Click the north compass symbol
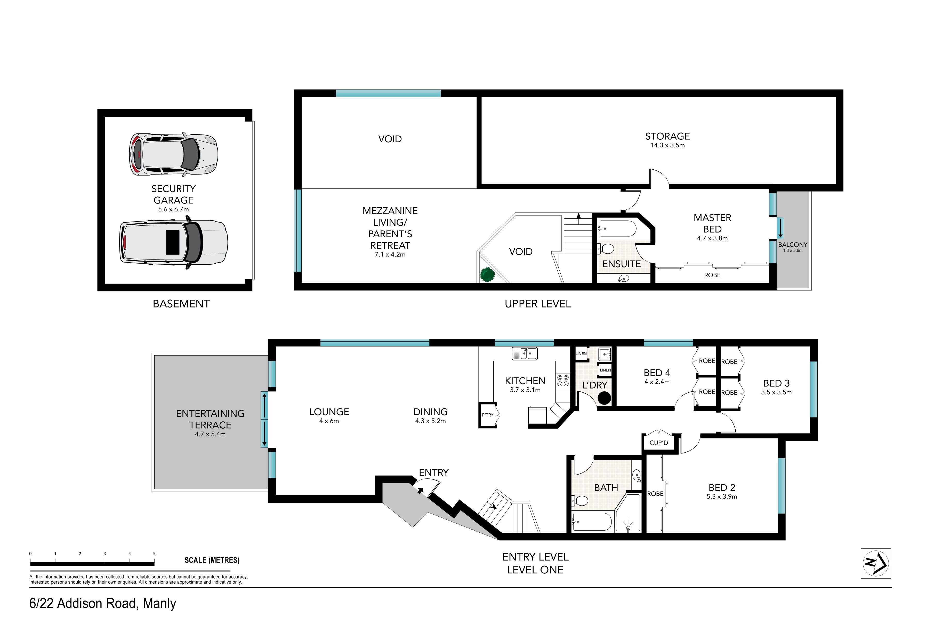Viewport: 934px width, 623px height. click(x=876, y=563)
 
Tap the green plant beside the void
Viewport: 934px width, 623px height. click(x=487, y=274)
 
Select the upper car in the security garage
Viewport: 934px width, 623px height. click(x=173, y=154)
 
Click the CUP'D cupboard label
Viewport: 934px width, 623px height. click(x=658, y=443)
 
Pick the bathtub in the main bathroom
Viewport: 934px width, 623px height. click(x=592, y=521)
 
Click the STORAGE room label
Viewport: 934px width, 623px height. click(x=667, y=136)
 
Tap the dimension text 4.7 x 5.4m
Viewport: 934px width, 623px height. click(x=210, y=434)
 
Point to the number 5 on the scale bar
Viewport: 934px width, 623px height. click(x=154, y=554)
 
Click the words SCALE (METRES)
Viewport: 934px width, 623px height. click(x=212, y=560)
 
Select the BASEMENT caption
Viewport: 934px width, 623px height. click(x=181, y=304)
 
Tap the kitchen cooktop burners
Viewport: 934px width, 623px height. click(x=562, y=380)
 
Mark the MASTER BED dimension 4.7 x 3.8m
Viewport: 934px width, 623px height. click(x=712, y=238)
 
